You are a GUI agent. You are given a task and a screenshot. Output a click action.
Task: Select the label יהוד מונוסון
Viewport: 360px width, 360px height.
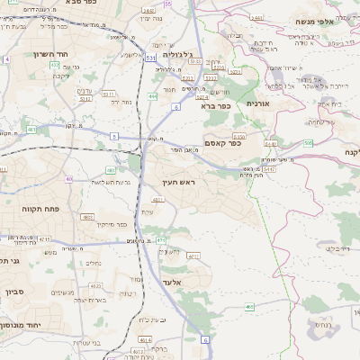[24, 325]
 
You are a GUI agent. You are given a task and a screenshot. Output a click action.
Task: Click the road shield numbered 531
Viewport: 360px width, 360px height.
[151, 57]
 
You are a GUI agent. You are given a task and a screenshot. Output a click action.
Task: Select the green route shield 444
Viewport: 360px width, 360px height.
[153, 96]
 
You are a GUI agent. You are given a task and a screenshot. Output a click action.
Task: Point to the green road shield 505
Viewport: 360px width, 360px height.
[308, 142]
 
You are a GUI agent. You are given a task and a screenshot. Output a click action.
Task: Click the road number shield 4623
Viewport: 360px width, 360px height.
[89, 217]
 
